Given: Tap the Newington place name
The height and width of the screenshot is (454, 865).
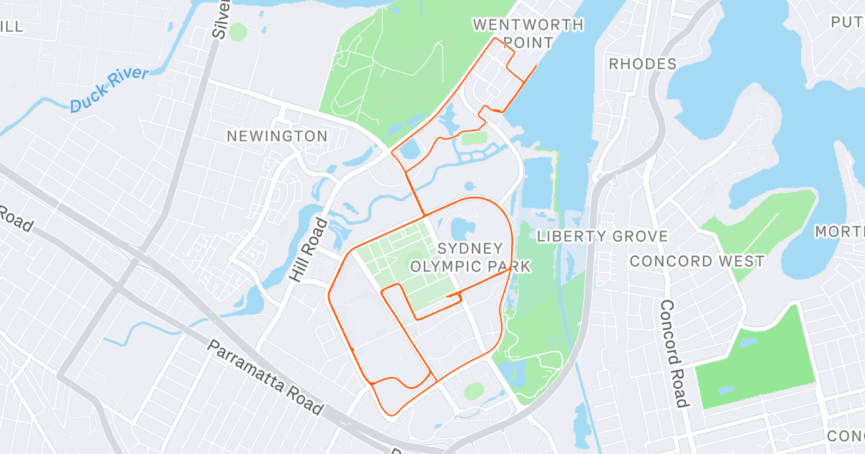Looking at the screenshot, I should coord(277,136).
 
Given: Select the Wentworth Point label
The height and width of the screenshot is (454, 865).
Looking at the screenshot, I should coord(528,34).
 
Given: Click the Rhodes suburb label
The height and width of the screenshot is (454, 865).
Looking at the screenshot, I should coord(643,64).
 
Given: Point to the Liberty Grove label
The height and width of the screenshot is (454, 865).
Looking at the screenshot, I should coord(603,236).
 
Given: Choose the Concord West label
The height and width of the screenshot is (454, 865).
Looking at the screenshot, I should coord(697,261).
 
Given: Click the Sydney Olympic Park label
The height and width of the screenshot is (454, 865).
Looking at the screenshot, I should coord(470,257).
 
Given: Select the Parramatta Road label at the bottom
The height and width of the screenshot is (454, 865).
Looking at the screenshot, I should coord(265,377).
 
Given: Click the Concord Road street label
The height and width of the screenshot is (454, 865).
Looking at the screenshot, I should coord(671,352).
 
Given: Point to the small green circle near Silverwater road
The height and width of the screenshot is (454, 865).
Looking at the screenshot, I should coord(238,31).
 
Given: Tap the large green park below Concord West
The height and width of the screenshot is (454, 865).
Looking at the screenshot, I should coord(757,360).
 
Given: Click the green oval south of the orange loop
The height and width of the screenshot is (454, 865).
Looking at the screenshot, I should coord(474,391).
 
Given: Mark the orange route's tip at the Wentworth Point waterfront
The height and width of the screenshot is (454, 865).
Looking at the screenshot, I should coord(536,67).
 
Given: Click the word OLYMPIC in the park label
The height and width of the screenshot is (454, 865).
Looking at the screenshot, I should coord(445,267).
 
